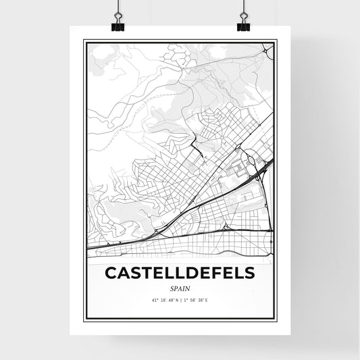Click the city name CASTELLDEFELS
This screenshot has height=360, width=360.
click(180, 273)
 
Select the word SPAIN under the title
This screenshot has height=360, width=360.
click(180, 288)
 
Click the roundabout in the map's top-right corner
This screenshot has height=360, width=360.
click(269, 51)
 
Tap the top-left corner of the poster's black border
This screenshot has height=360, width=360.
click(84, 41)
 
